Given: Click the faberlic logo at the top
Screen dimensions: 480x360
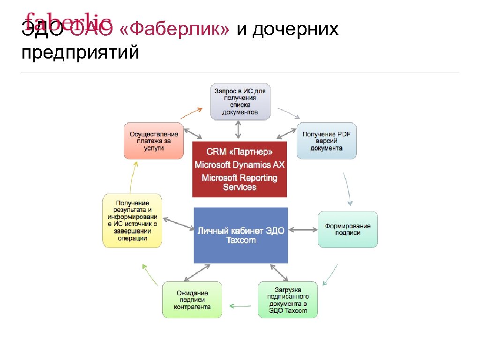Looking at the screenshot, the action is click(68, 21).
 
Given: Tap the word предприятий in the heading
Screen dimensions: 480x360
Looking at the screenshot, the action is click(80, 52).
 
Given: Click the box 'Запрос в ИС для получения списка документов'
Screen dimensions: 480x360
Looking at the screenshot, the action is click(240, 101).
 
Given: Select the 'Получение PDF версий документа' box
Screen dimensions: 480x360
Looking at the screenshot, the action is click(326, 141).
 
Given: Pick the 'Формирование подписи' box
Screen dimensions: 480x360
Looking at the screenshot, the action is click(347, 229).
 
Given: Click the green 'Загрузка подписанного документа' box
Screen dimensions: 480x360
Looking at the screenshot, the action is click(287, 300).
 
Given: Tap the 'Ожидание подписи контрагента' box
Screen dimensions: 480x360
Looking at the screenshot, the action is click(192, 300).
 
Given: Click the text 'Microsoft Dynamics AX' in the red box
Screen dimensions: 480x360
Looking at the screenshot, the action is click(240, 165).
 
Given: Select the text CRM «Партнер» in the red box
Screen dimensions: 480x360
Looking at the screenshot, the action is click(240, 152).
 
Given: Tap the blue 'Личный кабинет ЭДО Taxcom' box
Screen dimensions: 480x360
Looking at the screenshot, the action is click(241, 235).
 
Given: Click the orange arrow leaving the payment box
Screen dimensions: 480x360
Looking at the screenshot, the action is click(191, 112).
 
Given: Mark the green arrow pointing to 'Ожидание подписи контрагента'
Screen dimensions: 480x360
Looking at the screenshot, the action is click(240, 307).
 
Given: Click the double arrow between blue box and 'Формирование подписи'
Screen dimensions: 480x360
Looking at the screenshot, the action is click(303, 229).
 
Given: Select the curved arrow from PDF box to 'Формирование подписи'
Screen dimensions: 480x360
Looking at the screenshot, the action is click(347, 189).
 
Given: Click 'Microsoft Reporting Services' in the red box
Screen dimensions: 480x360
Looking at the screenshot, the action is click(240, 182).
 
